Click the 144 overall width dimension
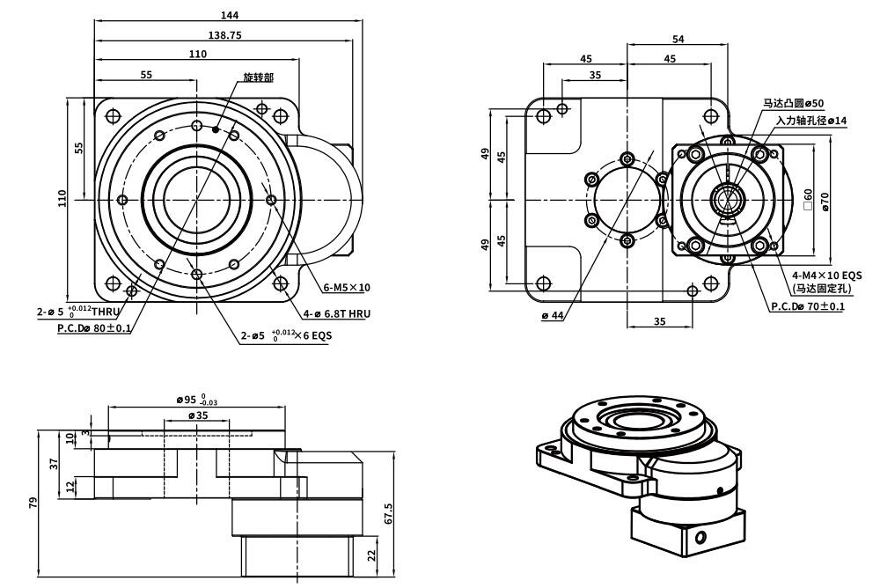(x=231, y=15)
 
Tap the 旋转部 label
(x=258, y=77)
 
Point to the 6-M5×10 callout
(x=347, y=287)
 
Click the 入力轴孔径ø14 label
(x=811, y=120)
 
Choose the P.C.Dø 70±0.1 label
(x=807, y=306)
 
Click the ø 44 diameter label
(x=553, y=315)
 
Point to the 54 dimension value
(x=678, y=40)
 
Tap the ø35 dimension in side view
(x=197, y=415)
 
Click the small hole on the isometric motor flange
(x=700, y=537)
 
